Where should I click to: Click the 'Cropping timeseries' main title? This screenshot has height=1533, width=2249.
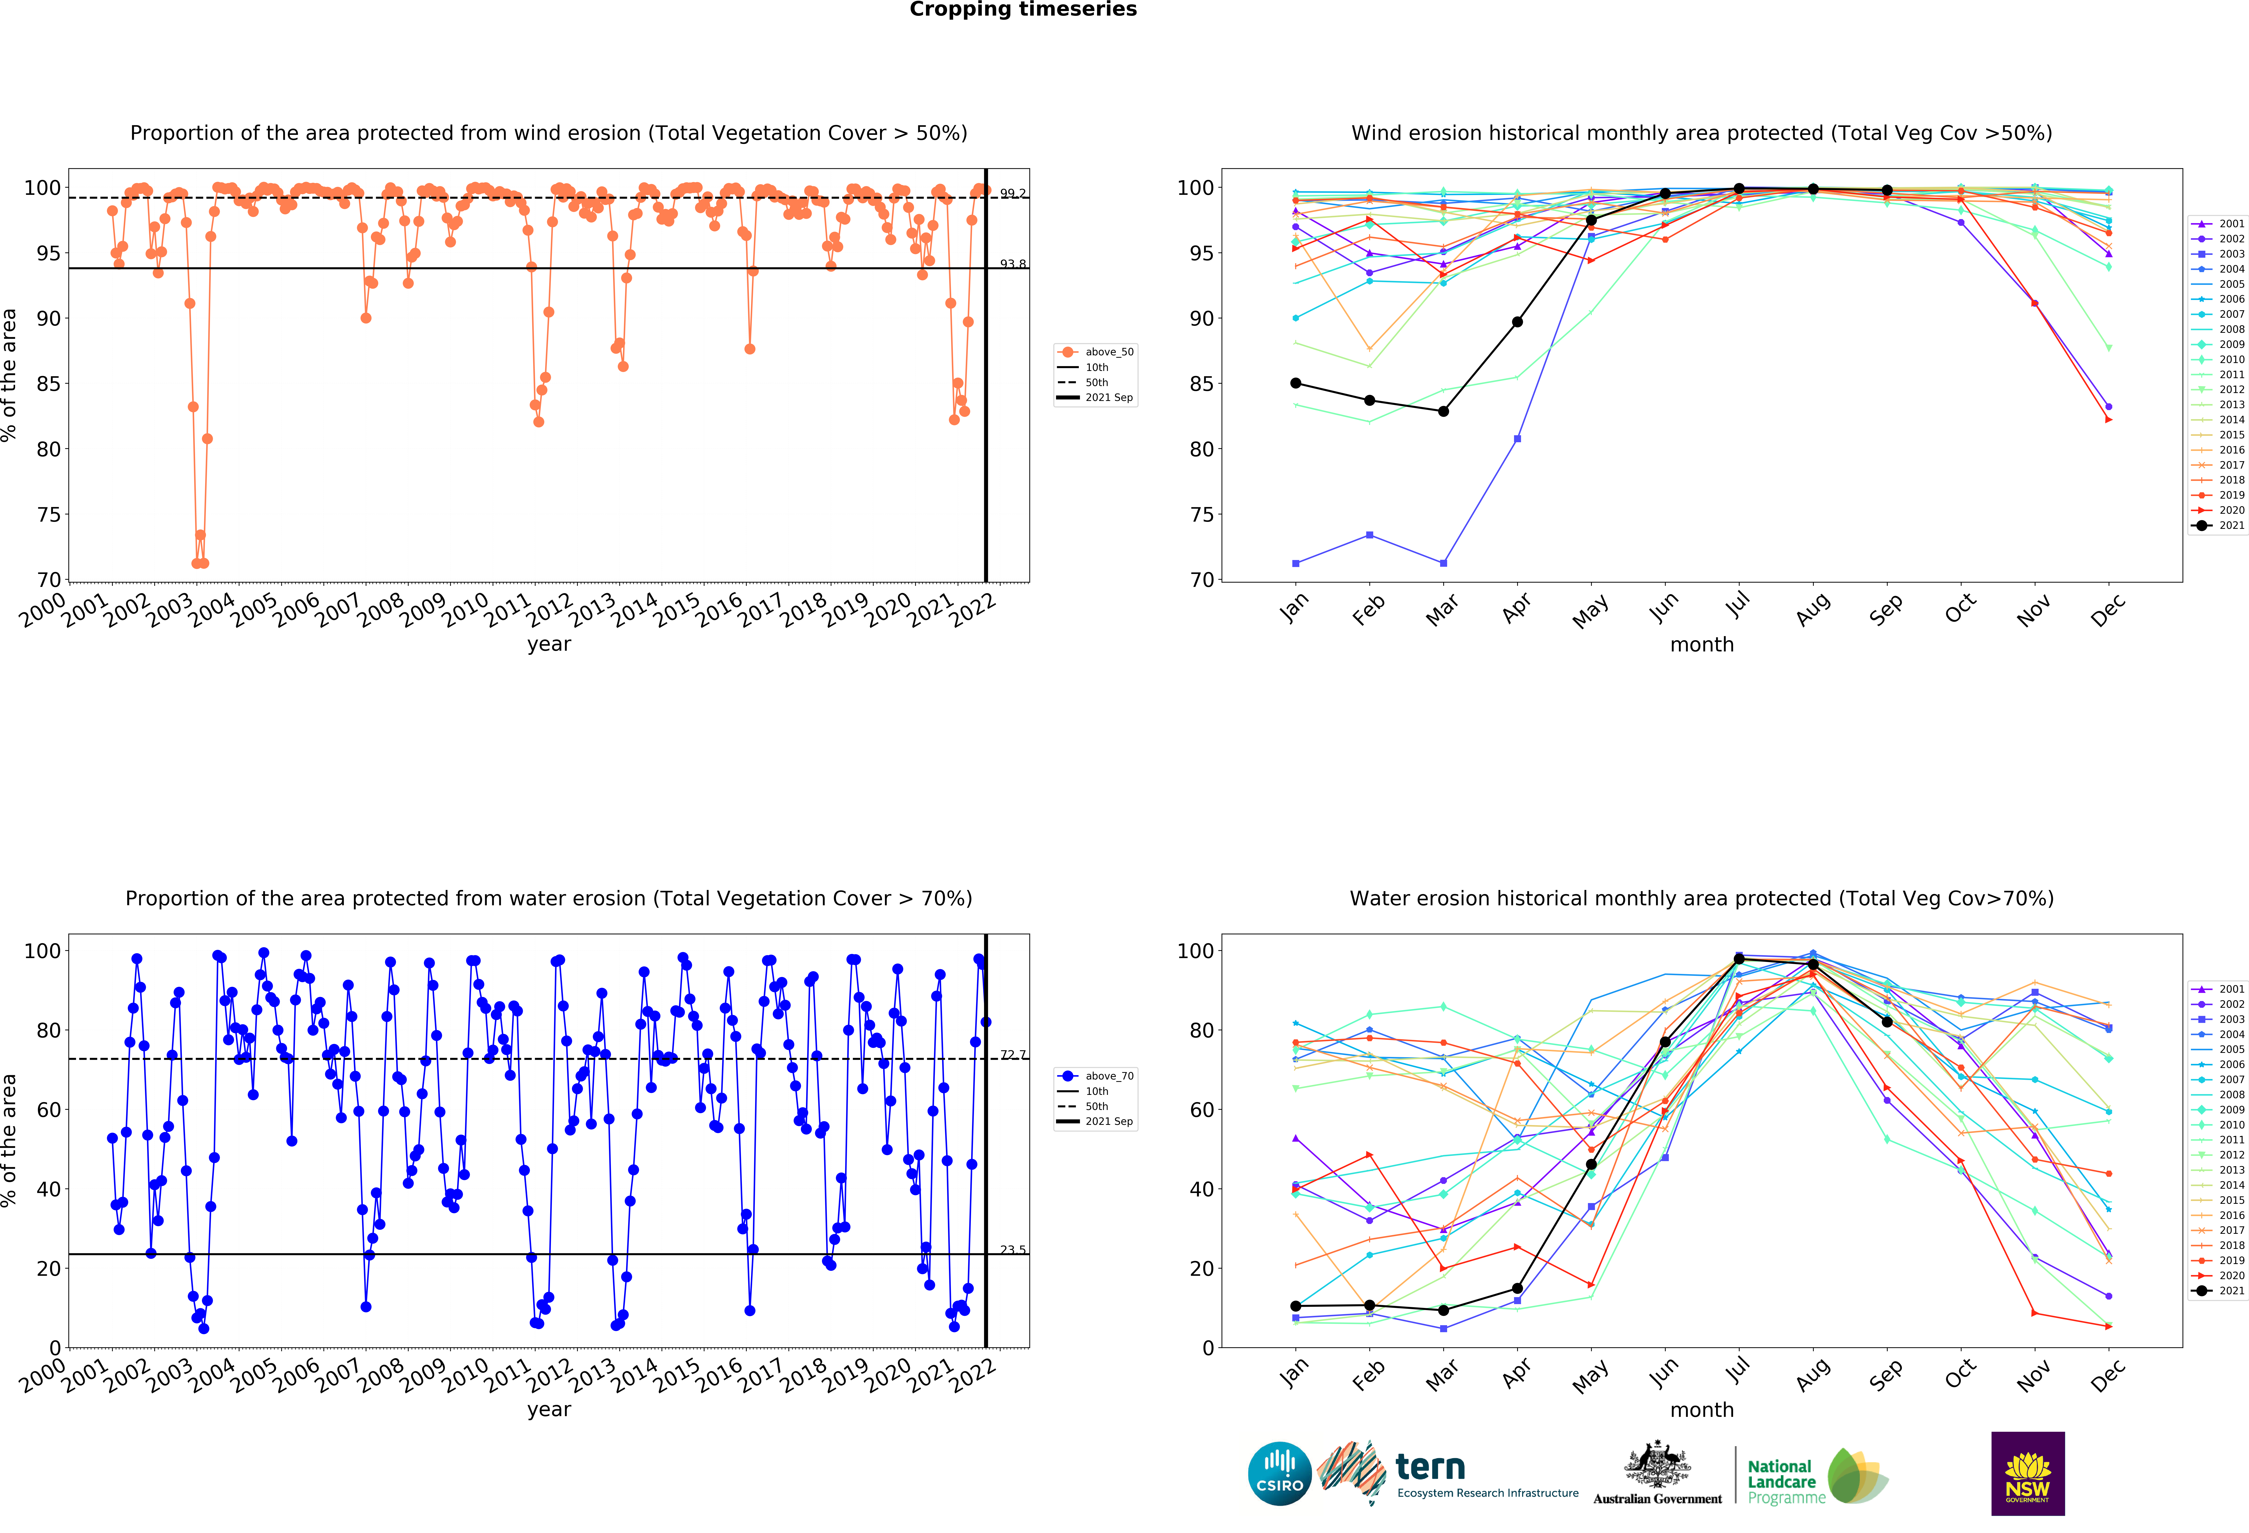tap(1023, 10)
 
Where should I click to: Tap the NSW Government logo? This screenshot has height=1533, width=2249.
tap(2027, 1473)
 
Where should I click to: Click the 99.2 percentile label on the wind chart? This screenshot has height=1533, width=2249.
tap(1012, 194)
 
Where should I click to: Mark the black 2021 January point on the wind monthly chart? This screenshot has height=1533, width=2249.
tap(1296, 383)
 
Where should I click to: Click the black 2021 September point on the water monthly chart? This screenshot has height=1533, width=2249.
tap(1887, 1022)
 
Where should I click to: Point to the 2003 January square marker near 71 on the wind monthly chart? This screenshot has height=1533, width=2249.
tap(1296, 563)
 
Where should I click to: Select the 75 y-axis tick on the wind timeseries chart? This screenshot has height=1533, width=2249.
tap(48, 515)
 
